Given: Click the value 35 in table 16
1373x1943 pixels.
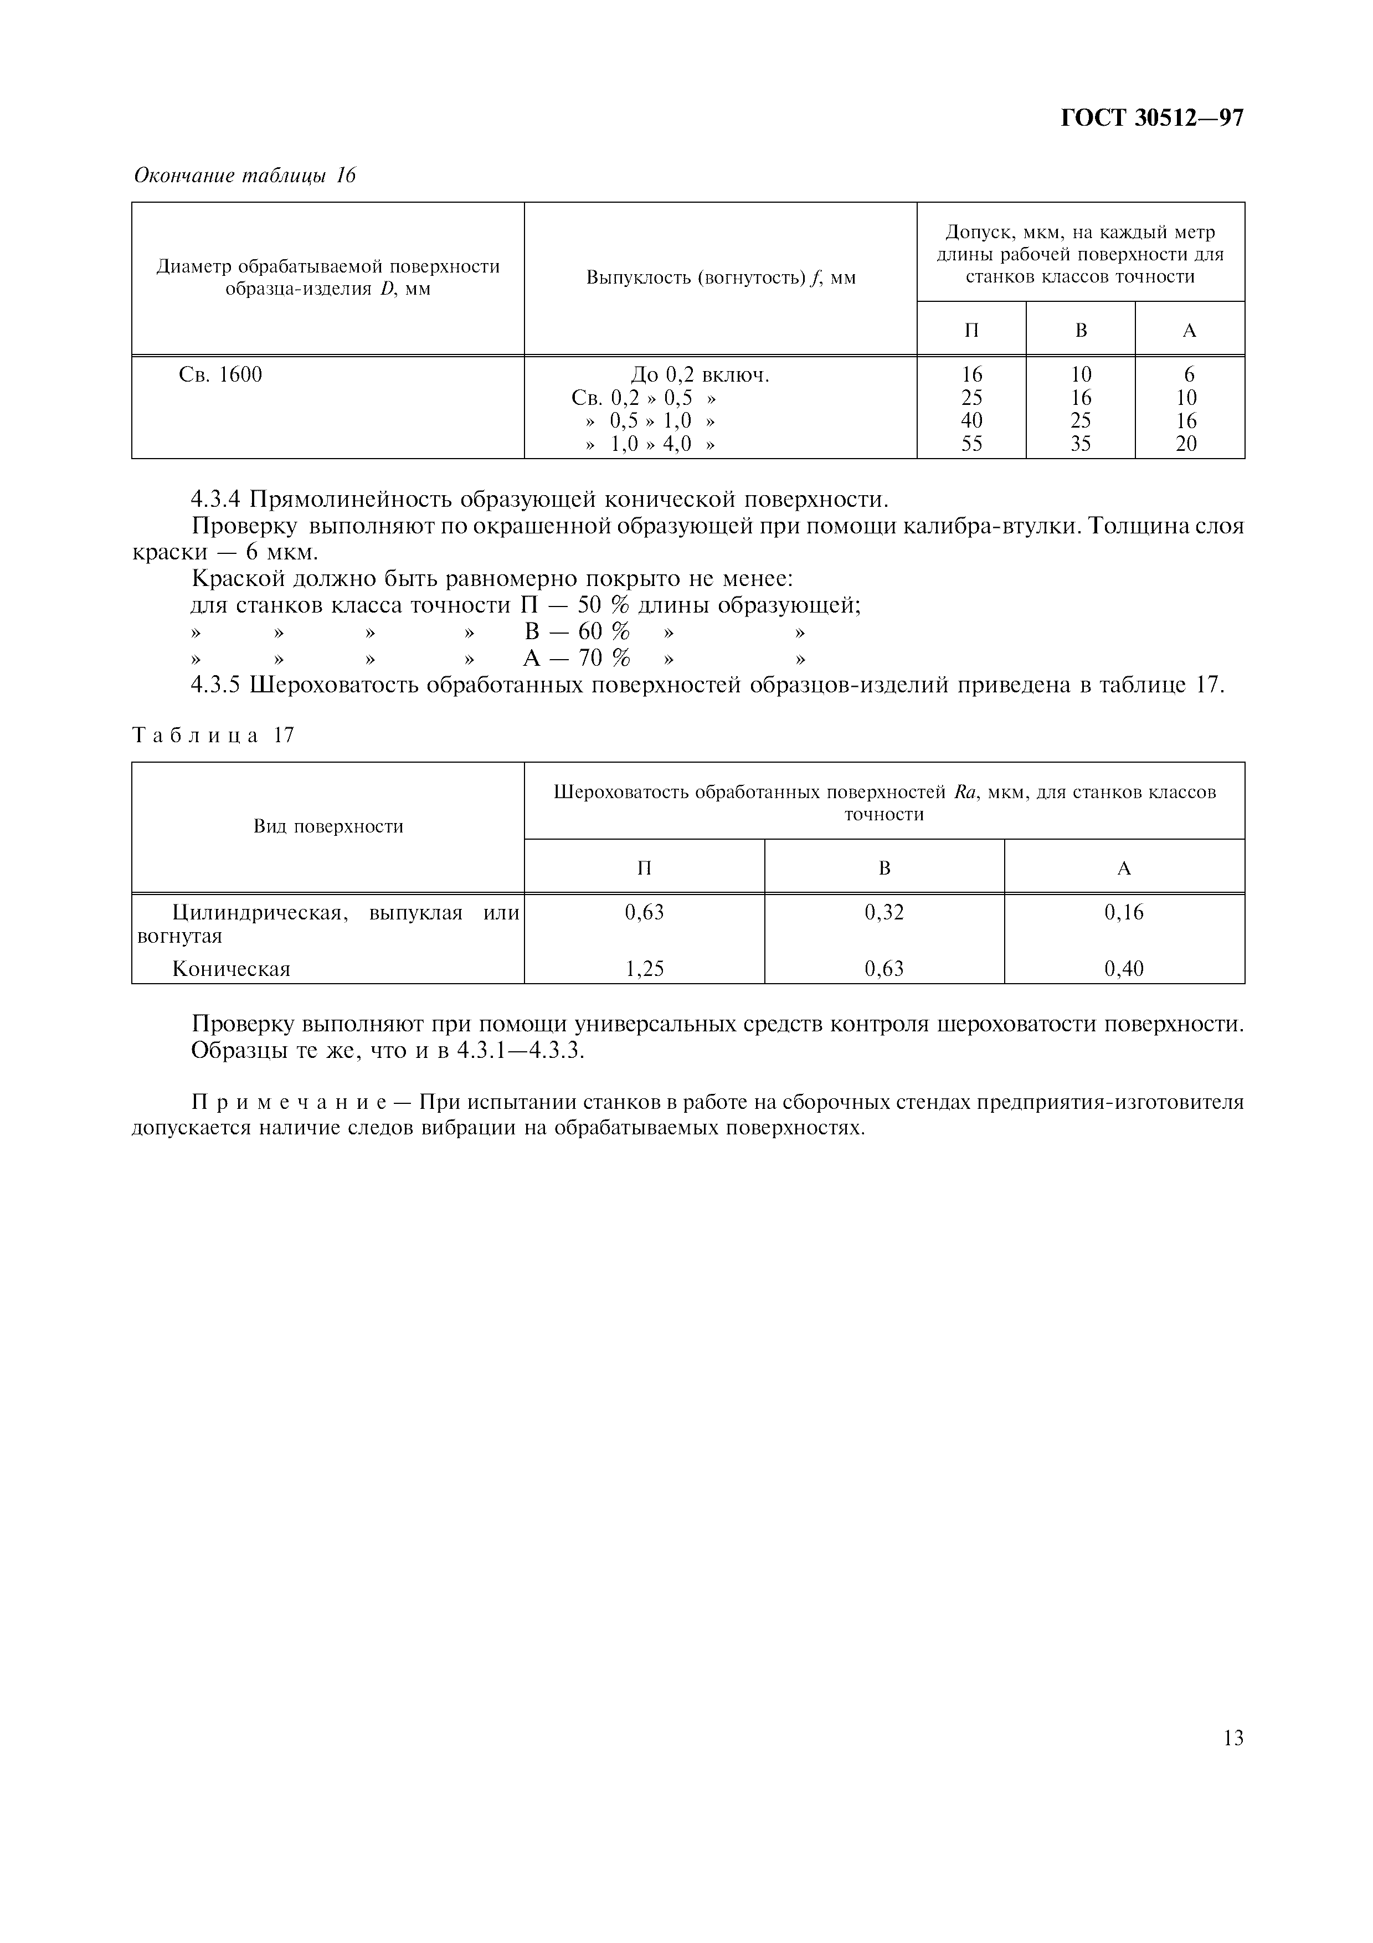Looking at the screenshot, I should click(1081, 444).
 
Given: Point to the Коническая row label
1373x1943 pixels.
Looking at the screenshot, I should click(231, 969).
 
